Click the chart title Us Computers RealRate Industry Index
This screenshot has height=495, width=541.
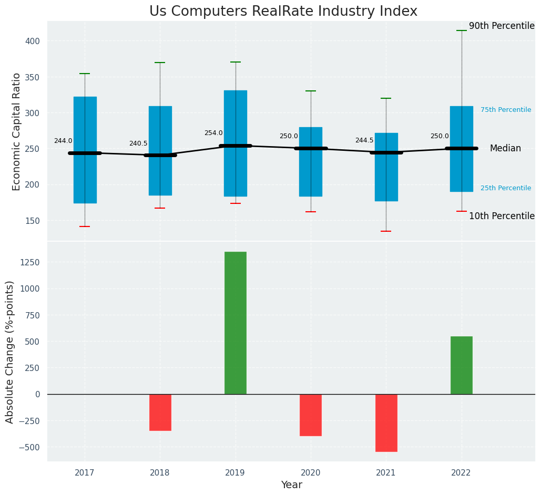click(x=283, y=11)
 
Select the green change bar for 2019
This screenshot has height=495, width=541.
click(x=235, y=323)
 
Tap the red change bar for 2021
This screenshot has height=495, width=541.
click(x=386, y=422)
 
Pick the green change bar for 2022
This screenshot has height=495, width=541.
click(x=461, y=365)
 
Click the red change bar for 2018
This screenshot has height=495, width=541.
click(x=160, y=412)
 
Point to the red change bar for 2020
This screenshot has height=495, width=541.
click(x=310, y=415)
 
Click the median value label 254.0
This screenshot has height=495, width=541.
click(x=213, y=133)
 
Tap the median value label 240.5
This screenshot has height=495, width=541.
click(x=138, y=144)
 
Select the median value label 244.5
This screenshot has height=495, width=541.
click(x=364, y=141)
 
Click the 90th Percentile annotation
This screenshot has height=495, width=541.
click(x=502, y=26)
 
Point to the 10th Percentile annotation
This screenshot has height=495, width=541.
click(x=502, y=216)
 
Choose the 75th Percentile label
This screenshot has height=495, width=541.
click(x=506, y=110)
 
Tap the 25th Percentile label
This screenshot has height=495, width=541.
click(x=506, y=188)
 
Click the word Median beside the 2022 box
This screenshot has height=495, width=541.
click(x=505, y=149)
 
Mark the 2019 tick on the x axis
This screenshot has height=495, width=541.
click(x=235, y=473)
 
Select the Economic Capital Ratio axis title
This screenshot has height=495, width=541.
click(x=17, y=131)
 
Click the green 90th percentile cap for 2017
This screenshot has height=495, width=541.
click(x=85, y=74)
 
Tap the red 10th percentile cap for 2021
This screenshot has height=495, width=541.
click(x=386, y=231)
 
